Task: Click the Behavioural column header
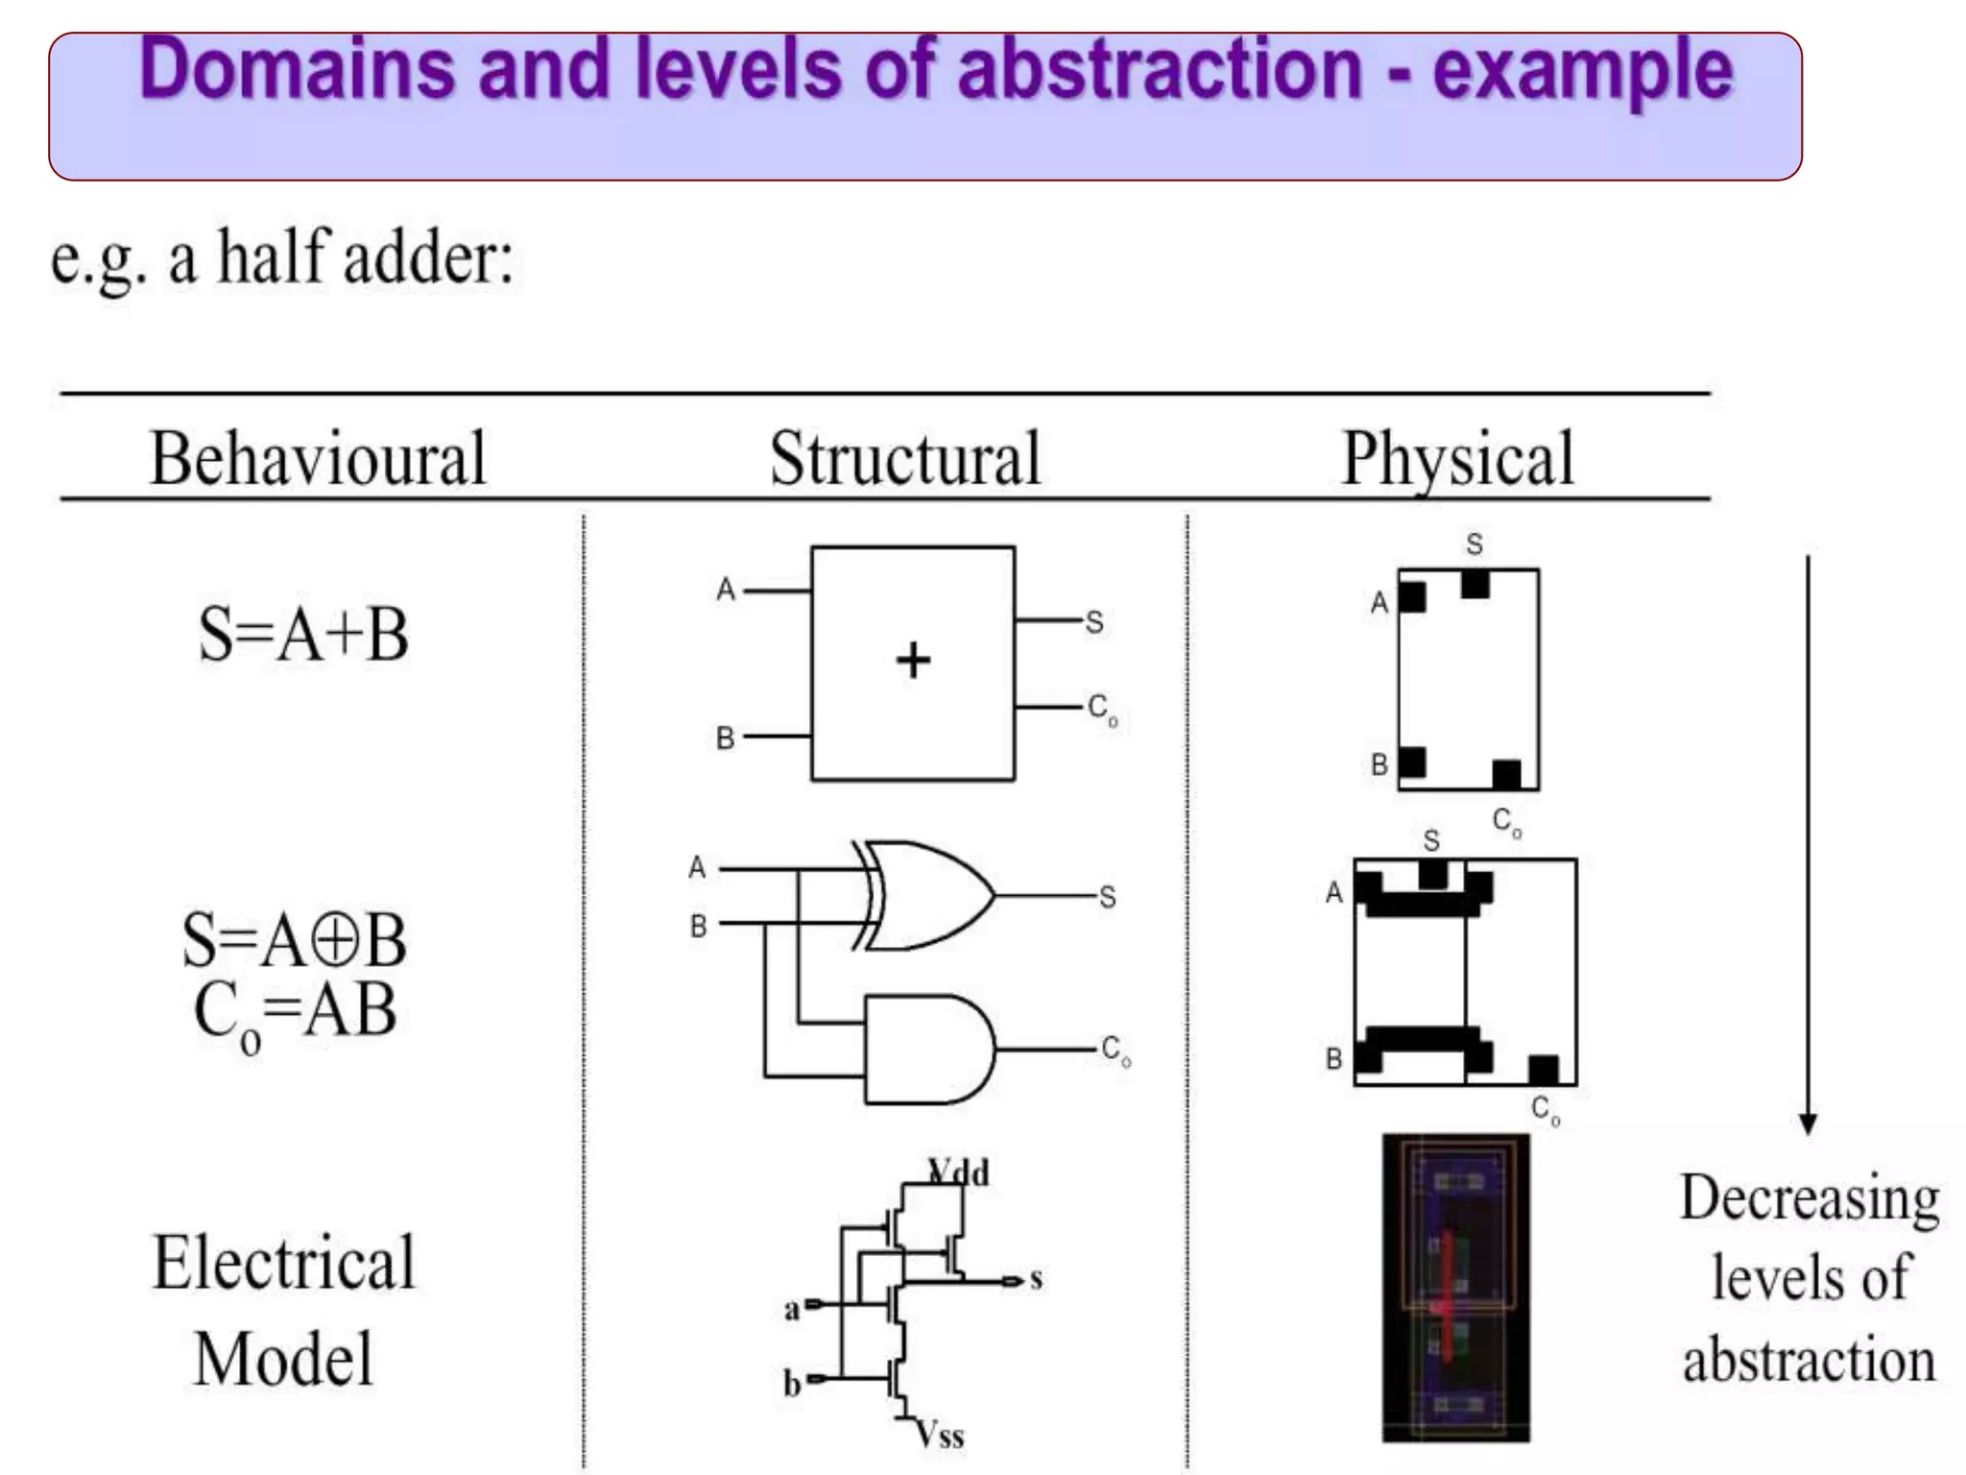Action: tap(318, 459)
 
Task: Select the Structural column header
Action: tap(905, 459)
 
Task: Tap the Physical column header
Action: tap(1457, 459)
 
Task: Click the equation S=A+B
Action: tap(303, 635)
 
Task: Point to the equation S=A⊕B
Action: tap(295, 939)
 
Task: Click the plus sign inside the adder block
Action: tap(913, 661)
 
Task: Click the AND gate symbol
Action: tap(927, 1049)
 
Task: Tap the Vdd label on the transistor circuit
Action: tap(959, 1173)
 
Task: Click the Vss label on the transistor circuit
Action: tap(939, 1435)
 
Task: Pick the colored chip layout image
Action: tap(1455, 1288)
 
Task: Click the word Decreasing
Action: tap(1810, 1199)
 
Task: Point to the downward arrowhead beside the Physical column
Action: tap(1808, 1124)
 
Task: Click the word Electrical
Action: tap(284, 1263)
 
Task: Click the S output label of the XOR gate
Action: tap(1108, 897)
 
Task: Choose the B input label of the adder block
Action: tap(726, 737)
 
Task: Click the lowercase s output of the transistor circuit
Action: tap(1036, 1279)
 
